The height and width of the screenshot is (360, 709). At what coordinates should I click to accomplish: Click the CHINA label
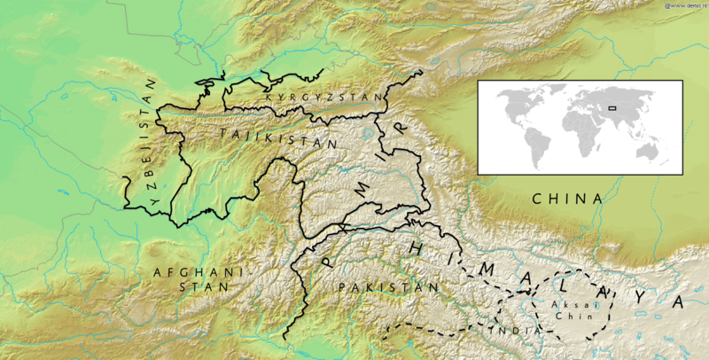tap(567, 200)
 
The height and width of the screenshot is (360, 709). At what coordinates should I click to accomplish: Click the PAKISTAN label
tap(388, 288)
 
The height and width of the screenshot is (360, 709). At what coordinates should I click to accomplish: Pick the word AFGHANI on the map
tap(191, 272)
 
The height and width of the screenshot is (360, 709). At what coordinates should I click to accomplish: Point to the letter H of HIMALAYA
tap(414, 249)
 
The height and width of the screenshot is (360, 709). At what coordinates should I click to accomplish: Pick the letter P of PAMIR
tap(326, 258)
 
